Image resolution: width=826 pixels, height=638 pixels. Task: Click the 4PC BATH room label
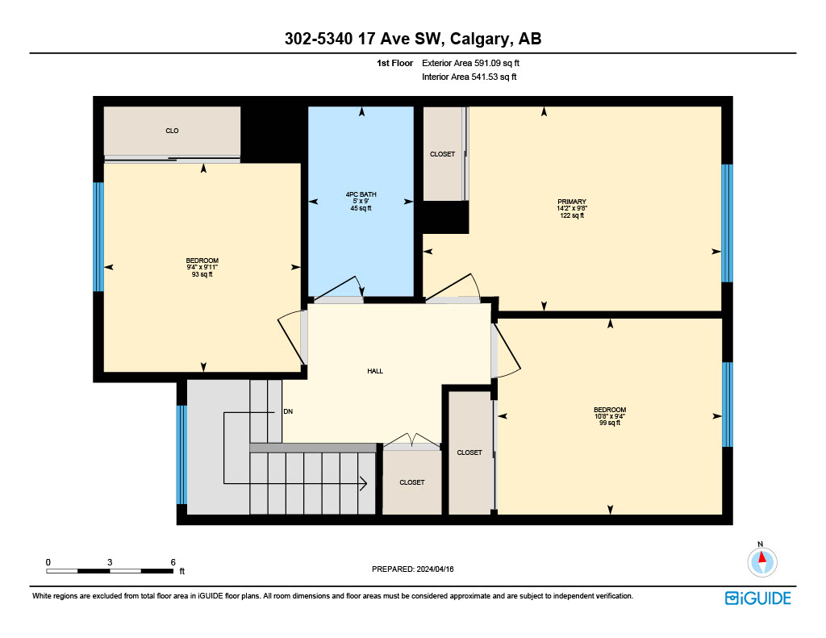pos(361,194)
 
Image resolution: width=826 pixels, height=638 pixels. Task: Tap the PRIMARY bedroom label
pos(572,202)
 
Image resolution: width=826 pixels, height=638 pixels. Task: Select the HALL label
pos(375,371)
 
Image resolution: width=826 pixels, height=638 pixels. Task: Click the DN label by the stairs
pos(288,411)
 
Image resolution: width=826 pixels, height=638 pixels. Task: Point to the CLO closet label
pos(173,131)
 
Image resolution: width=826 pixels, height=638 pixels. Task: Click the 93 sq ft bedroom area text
pos(202,274)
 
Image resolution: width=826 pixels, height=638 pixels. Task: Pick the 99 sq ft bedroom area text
pos(610,423)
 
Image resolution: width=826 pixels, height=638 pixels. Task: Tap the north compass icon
pos(761,561)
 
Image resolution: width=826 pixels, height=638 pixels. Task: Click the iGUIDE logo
pos(758,598)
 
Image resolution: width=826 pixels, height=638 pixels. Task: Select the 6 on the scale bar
pos(173,562)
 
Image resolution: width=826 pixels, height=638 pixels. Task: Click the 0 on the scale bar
pos(48,562)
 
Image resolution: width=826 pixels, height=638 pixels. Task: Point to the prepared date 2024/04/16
pos(435,569)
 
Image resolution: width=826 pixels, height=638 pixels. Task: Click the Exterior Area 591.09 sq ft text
pos(470,63)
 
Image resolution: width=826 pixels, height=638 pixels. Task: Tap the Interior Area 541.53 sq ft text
pos(469,77)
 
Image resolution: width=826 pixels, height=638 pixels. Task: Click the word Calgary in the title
pos(479,39)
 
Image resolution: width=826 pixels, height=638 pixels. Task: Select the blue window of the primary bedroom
pos(727,223)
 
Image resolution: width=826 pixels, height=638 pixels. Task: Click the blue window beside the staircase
pos(181,455)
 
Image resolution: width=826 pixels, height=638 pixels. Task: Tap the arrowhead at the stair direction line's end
pos(364,483)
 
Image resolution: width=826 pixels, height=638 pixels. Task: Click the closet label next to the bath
pos(443,154)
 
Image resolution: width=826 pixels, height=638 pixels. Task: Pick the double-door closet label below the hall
pos(412,482)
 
